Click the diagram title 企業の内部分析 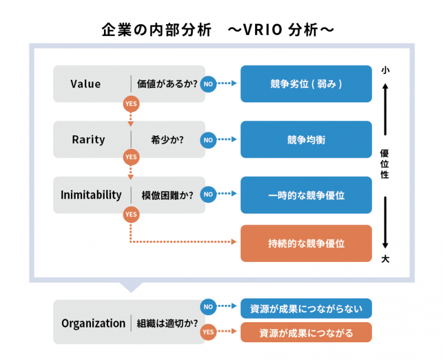(x=155, y=30)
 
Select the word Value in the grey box (x=86, y=84)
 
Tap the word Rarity (x=88, y=140)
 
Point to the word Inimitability (x=91, y=194)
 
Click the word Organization (x=93, y=323)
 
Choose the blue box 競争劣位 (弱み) (x=306, y=84)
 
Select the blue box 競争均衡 (x=306, y=140)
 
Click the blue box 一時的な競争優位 (x=306, y=195)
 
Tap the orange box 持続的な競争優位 (x=306, y=243)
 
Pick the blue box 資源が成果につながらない (x=306, y=308)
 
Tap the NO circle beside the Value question (x=208, y=84)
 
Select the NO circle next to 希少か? (x=208, y=140)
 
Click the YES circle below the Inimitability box (x=131, y=213)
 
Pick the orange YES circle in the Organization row (x=208, y=332)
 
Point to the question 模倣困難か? (x=167, y=195)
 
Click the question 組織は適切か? (x=167, y=323)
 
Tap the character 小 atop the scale (x=385, y=70)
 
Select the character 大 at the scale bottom (x=385, y=258)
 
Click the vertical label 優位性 (x=385, y=164)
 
